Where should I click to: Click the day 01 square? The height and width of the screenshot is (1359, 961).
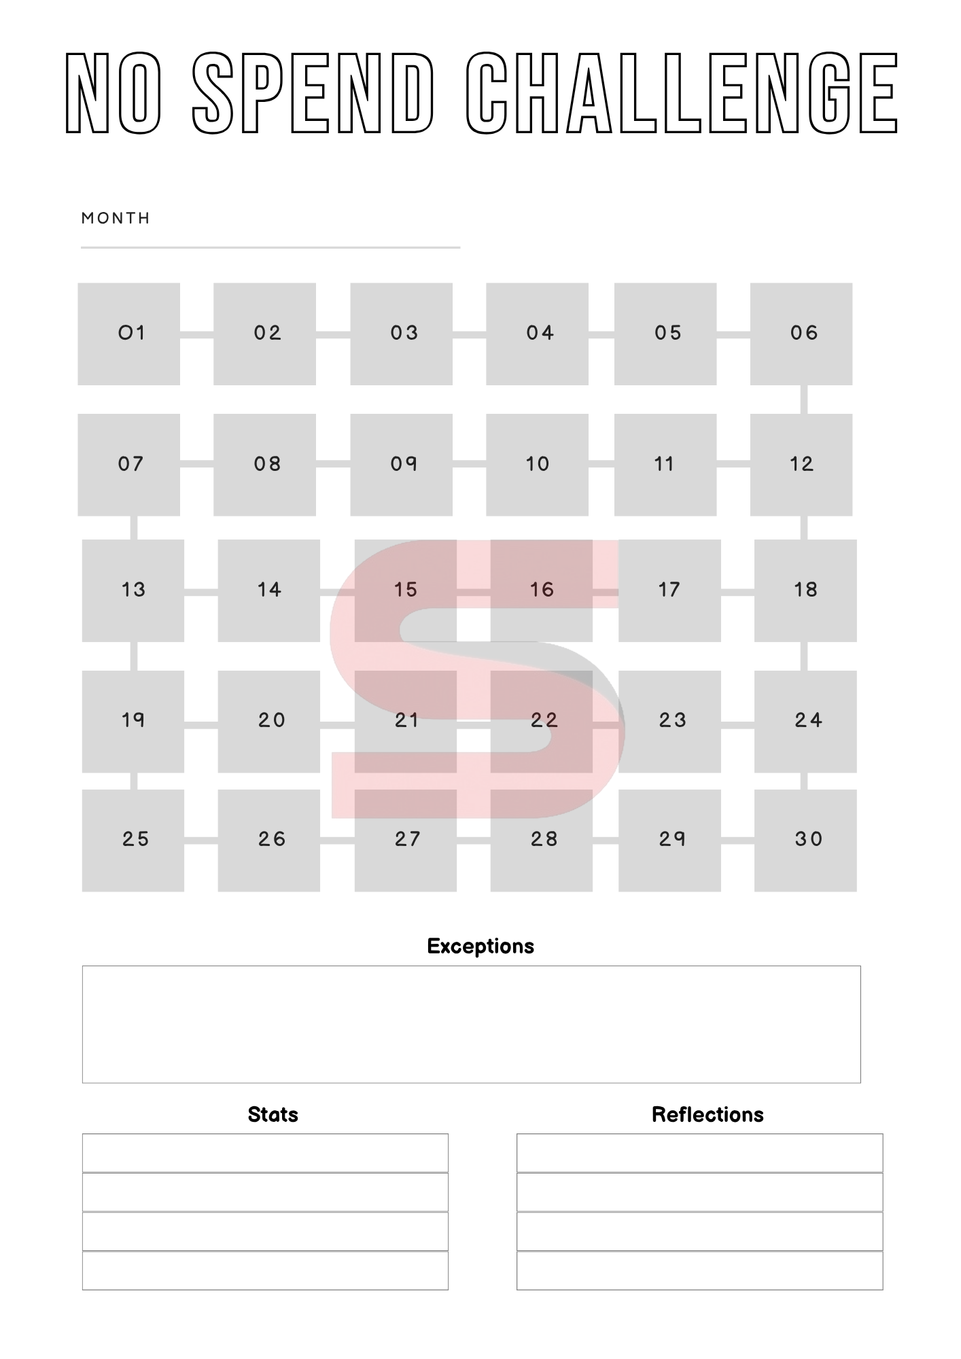129,334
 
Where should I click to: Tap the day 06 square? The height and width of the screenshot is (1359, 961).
801,334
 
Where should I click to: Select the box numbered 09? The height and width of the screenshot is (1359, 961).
402,465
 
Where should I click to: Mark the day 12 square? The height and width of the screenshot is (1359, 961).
801,465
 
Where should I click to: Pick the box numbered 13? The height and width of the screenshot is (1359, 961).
133,590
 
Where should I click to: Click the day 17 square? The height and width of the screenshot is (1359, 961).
669,590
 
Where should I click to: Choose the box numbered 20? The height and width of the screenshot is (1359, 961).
269,721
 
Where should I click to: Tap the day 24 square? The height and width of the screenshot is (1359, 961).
805,721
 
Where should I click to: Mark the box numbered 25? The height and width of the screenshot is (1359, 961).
133,840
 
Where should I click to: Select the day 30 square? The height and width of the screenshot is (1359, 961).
805,840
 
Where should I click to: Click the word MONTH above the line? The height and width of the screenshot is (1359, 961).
116,218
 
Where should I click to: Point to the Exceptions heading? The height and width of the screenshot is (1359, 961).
480,946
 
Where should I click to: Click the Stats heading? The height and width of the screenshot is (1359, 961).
273,1114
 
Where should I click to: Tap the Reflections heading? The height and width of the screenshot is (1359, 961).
707,1114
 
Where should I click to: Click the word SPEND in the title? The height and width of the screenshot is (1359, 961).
313,93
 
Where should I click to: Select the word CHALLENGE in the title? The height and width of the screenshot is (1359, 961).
682,93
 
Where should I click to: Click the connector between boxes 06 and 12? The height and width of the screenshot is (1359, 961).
803,400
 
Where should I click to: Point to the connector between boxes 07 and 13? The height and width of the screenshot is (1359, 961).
133,528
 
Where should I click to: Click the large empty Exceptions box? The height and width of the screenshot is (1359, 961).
471,1024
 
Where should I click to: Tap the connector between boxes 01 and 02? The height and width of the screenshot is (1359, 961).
197,334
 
